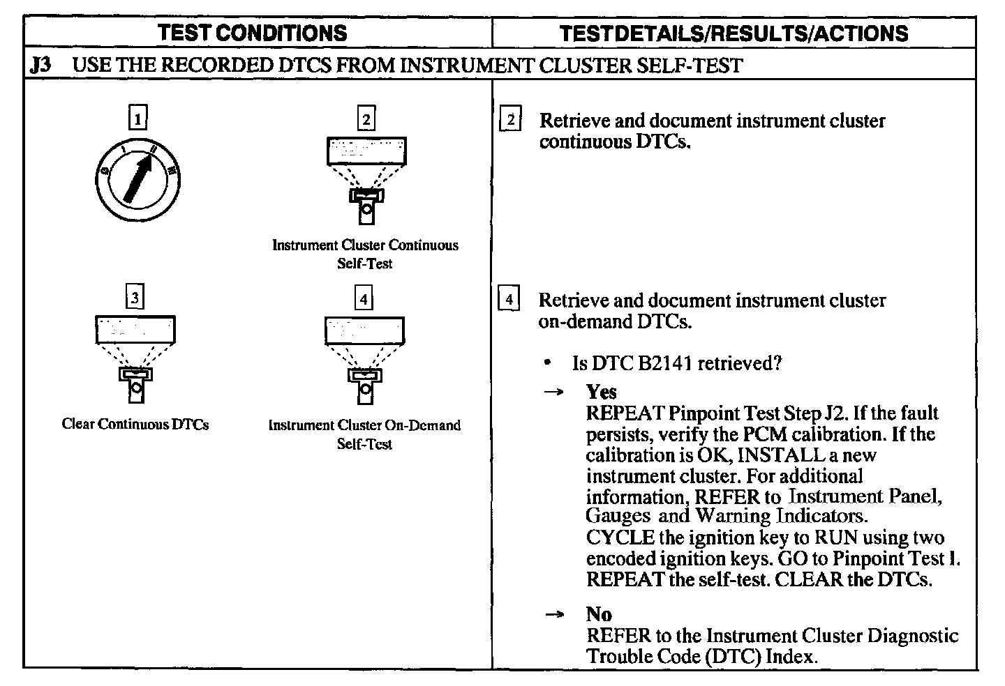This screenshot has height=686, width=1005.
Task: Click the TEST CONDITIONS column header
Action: pos(252,33)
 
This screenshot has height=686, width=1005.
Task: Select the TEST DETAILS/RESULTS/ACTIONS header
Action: pos(734,33)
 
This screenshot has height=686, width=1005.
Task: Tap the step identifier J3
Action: pos(41,66)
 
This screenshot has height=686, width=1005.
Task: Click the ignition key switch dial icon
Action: pos(139,176)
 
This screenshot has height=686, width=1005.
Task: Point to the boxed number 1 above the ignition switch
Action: pos(138,119)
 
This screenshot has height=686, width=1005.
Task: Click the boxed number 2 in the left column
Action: pos(366,119)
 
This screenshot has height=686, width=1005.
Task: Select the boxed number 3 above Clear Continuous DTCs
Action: pos(134,298)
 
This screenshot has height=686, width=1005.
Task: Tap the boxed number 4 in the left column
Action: pos(364,299)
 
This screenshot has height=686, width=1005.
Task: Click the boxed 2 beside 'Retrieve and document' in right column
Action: pos(511,121)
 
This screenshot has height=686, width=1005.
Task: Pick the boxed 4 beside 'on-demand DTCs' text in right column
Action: pos(509,300)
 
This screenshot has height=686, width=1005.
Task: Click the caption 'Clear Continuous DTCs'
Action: pos(135,424)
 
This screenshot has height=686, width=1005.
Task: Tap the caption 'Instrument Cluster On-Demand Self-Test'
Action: pos(364,434)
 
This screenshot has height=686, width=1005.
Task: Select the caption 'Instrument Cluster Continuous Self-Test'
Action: pos(365,254)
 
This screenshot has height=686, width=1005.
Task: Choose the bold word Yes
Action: pos(601,392)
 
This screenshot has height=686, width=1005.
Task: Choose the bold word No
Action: pos(599,614)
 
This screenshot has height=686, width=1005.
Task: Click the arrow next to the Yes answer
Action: pos(554,392)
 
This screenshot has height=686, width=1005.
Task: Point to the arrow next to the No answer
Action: pos(554,615)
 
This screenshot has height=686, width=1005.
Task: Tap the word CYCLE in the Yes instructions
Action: pos(620,538)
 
